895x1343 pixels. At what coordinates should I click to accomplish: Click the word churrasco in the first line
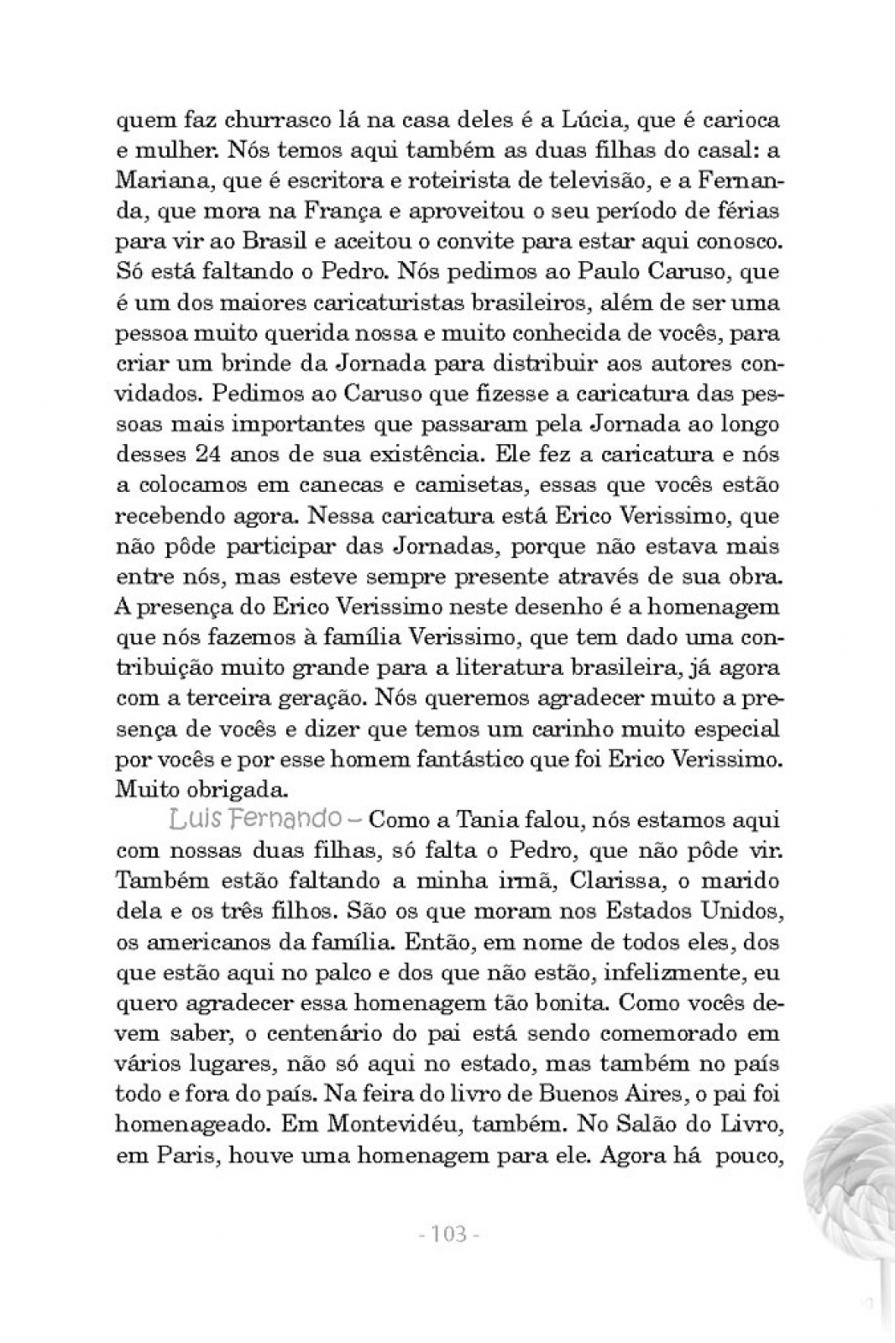point(249,120)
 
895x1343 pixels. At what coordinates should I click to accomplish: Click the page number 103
point(447,1235)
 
